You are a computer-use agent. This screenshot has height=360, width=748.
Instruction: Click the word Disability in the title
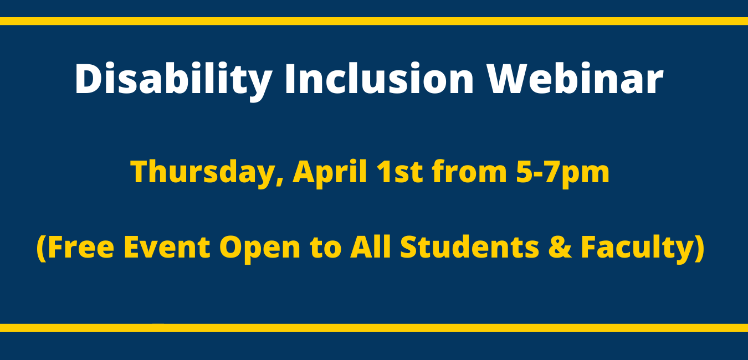click(x=173, y=79)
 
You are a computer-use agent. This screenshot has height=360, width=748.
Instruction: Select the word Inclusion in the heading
click(x=379, y=78)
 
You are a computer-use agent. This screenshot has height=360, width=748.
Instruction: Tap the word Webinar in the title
click(x=575, y=78)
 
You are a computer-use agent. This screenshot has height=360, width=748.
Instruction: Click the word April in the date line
click(x=330, y=172)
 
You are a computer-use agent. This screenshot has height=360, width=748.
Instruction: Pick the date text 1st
click(x=399, y=172)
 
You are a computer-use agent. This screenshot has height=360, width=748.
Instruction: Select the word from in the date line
click(x=469, y=172)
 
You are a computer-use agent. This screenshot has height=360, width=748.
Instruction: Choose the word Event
click(x=167, y=247)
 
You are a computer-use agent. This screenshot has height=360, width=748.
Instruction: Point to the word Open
click(x=260, y=249)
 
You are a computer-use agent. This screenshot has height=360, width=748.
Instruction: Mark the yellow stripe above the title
click(x=374, y=21)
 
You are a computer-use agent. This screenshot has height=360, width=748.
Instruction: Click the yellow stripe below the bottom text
click(x=374, y=328)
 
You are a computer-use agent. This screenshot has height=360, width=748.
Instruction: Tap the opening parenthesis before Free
click(x=42, y=248)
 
